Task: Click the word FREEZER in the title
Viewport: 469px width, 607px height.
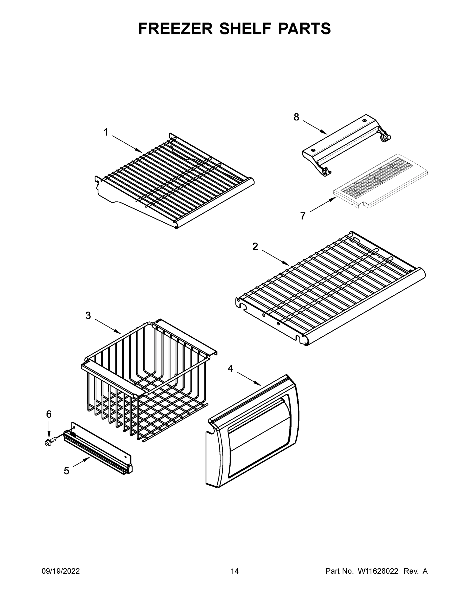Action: pos(176,29)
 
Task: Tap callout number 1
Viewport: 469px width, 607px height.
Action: pos(106,132)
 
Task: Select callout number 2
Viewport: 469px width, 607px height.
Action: pos(255,246)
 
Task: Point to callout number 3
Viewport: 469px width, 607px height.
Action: pos(88,315)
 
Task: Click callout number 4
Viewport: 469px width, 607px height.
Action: pos(230,368)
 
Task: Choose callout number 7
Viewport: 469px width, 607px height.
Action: pos(303,216)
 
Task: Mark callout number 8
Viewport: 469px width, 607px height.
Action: pos(297,117)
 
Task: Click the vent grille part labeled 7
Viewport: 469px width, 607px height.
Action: pos(381,181)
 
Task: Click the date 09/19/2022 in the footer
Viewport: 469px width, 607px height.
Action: pos(61,571)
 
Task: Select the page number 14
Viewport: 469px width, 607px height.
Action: pos(235,571)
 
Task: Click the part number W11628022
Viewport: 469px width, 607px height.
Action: pos(378,571)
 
